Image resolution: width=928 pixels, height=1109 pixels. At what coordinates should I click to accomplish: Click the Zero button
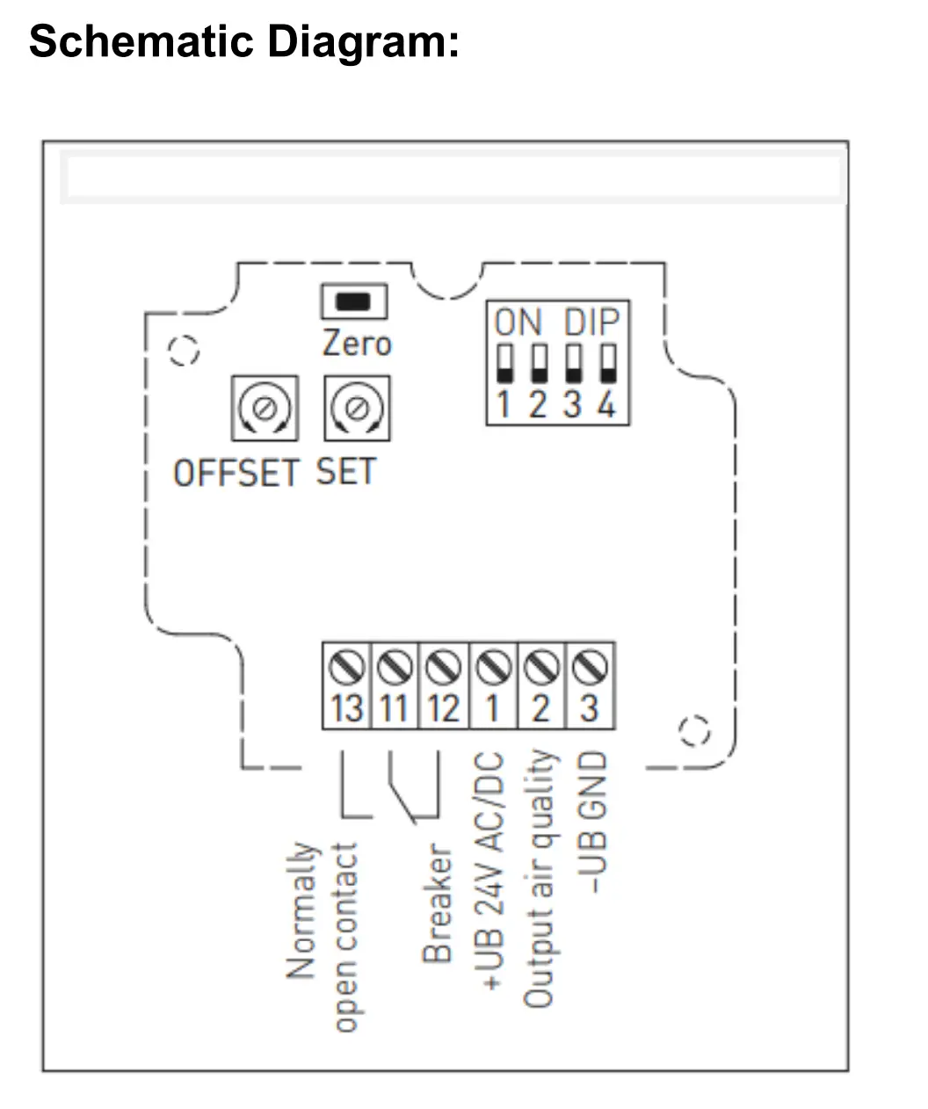pyautogui.click(x=354, y=301)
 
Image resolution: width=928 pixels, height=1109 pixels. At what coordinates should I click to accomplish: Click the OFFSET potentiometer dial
pyautogui.click(x=264, y=408)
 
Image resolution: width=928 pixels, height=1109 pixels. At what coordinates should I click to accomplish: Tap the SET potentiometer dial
pyautogui.click(x=356, y=408)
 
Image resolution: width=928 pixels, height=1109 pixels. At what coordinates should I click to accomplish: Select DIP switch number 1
pyautogui.click(x=504, y=364)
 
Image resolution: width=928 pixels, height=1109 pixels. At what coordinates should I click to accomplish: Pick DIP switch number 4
pyautogui.click(x=607, y=364)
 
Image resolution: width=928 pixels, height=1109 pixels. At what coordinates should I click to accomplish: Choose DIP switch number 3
pyautogui.click(x=573, y=364)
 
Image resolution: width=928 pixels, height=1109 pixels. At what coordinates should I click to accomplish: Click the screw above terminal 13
pyautogui.click(x=346, y=669)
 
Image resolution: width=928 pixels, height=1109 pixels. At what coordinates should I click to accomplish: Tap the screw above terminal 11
pyautogui.click(x=395, y=669)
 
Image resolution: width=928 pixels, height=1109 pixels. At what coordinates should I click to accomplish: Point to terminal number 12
pyautogui.click(x=445, y=708)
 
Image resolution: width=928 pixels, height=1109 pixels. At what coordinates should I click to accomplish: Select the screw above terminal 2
pyautogui.click(x=542, y=669)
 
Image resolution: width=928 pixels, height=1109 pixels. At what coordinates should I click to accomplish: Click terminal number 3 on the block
pyautogui.click(x=591, y=708)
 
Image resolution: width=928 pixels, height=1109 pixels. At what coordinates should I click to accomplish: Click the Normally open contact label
pyautogui.click(x=323, y=936)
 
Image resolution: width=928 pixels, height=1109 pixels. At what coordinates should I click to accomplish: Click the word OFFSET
pyautogui.click(x=236, y=474)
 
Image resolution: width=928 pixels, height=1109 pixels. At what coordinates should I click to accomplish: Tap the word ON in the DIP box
pyautogui.click(x=518, y=323)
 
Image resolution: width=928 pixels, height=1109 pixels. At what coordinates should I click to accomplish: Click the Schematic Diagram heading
pyautogui.click(x=243, y=40)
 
